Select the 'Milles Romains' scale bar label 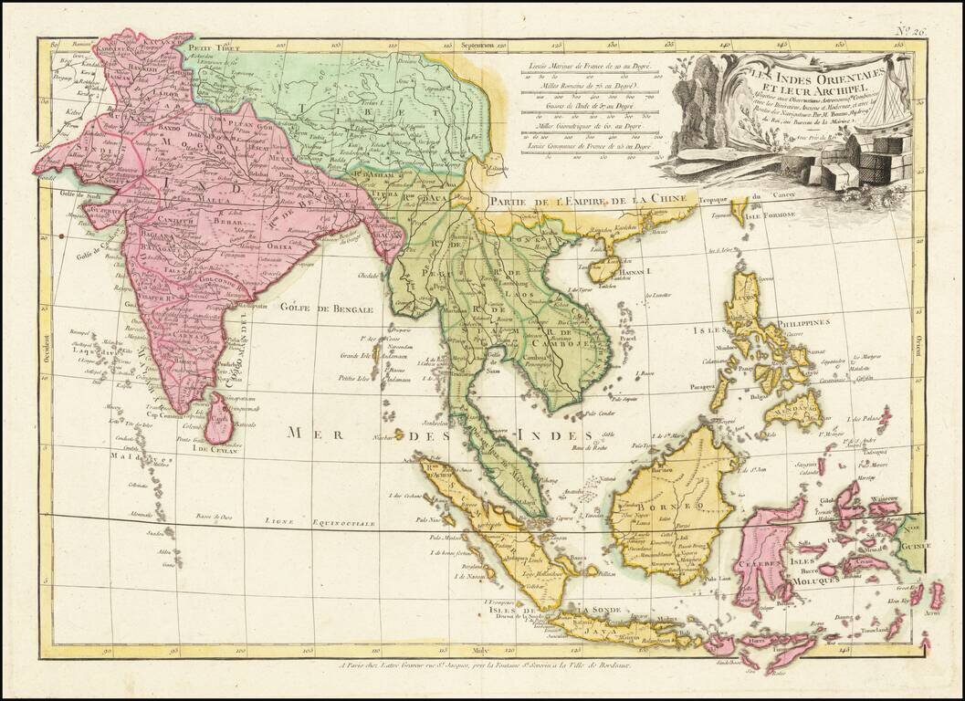click(585, 85)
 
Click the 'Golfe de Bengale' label click(326, 309)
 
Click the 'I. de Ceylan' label click(213, 449)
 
